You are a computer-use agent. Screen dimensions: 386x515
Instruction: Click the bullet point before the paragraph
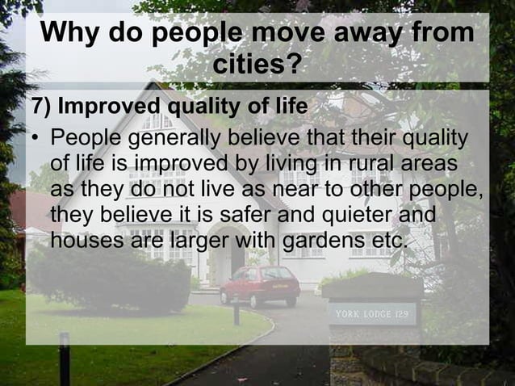coord(36,139)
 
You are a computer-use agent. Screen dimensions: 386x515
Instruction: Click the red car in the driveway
coord(260,285)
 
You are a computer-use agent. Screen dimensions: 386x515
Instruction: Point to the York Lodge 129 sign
coord(371,313)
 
